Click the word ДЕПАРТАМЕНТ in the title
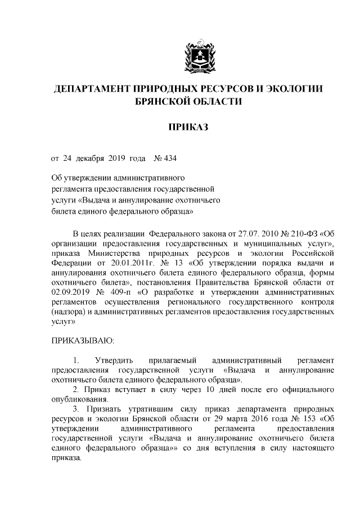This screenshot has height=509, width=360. [90, 89]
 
